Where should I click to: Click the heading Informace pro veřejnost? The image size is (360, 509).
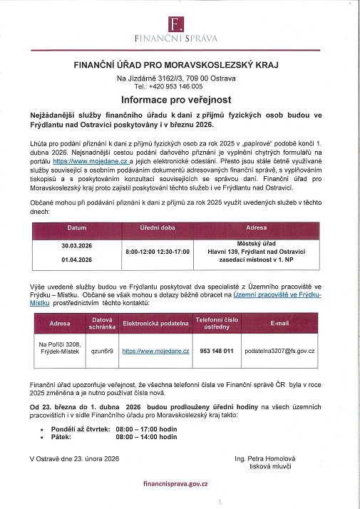click(180, 99)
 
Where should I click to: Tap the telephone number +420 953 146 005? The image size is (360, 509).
click(180, 86)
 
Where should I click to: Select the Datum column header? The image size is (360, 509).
click(76, 228)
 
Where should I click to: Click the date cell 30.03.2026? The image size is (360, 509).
click(76, 244)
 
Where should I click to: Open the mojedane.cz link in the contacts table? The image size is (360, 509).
click(155, 351)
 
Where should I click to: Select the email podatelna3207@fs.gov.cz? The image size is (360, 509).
click(279, 351)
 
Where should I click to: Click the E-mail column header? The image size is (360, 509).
click(279, 323)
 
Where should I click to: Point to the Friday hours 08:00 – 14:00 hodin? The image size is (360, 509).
click(145, 437)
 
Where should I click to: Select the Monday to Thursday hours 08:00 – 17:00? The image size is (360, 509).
click(145, 429)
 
